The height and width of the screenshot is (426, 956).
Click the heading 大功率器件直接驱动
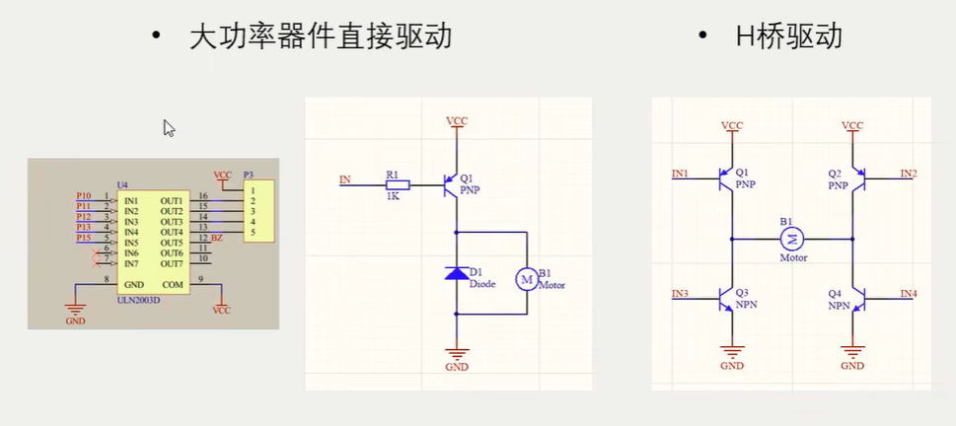tap(320, 37)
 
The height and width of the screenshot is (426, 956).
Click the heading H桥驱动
tap(788, 37)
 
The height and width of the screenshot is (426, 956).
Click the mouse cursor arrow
tap(169, 127)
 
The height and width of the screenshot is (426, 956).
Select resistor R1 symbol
tap(397, 183)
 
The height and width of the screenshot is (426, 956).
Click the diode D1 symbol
tap(456, 272)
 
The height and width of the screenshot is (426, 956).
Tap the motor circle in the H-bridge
tap(793, 238)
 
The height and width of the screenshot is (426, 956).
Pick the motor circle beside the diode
tap(526, 280)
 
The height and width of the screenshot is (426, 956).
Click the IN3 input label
tap(681, 293)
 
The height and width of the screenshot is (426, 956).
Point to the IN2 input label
tap(909, 174)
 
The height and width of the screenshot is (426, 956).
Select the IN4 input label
tap(909, 293)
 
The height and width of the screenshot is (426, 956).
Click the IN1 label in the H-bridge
tap(681, 174)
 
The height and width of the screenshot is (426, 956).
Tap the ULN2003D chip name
tap(139, 300)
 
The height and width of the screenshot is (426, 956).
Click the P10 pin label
tap(84, 195)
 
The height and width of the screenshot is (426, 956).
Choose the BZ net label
tap(217, 239)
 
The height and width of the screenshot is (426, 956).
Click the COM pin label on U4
tap(173, 285)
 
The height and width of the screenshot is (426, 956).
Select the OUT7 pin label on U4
tap(172, 263)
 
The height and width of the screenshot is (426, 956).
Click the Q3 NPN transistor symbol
tap(727, 297)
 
